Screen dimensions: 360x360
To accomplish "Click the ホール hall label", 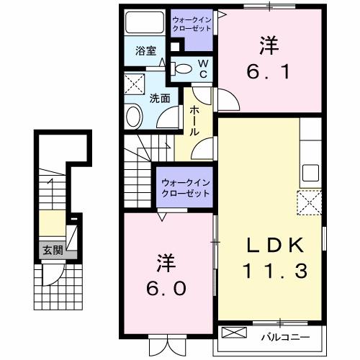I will [x=194, y=121].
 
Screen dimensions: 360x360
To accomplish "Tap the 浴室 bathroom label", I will [x=146, y=50].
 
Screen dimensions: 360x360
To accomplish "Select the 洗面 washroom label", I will [x=159, y=99].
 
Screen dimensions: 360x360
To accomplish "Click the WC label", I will [x=203, y=68].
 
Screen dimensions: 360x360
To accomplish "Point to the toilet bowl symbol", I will [x=184, y=69].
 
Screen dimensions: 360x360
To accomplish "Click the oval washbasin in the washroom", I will [x=135, y=117].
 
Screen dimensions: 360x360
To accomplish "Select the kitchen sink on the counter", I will [x=310, y=173].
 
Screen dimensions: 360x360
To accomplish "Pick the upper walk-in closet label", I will [x=192, y=23].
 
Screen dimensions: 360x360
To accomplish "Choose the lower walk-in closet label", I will [x=185, y=189].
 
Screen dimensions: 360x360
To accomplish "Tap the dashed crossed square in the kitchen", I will [x=310, y=201].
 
